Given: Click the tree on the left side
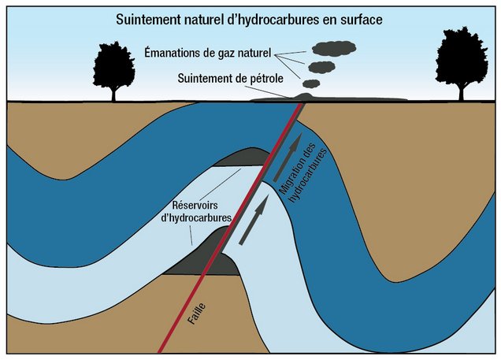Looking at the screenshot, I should tap(114, 63).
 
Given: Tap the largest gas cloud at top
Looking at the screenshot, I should tap(332, 48).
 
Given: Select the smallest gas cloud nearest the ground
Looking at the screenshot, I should tap(312, 83).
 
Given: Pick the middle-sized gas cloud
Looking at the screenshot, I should tap(321, 66).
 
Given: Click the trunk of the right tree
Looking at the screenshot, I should tap(462, 91).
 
